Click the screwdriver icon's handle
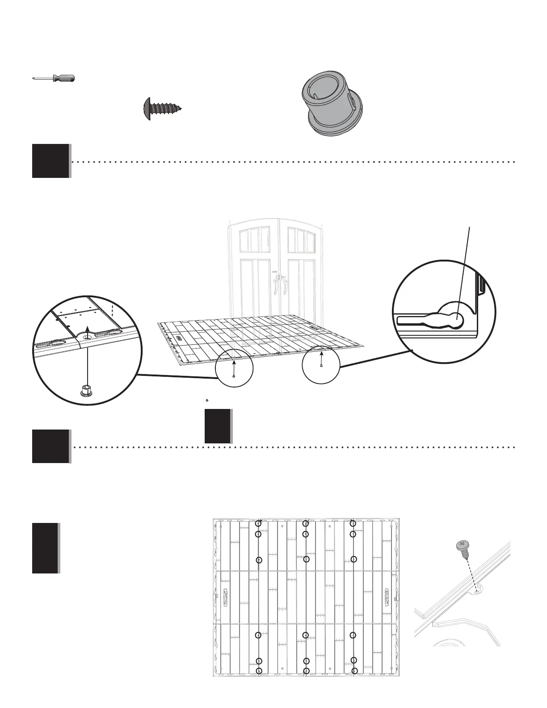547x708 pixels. pyautogui.click(x=63, y=78)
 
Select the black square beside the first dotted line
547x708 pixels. pyautogui.click(x=50, y=161)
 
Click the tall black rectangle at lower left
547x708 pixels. pyautogui.click(x=45, y=548)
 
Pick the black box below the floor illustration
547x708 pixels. pyautogui.click(x=218, y=426)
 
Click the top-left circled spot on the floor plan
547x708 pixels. pyautogui.click(x=258, y=523)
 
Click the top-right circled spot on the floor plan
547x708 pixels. pyautogui.click(x=353, y=523)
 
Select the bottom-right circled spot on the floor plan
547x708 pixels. pyautogui.click(x=354, y=670)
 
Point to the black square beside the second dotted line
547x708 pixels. pyautogui.click(x=50, y=446)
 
